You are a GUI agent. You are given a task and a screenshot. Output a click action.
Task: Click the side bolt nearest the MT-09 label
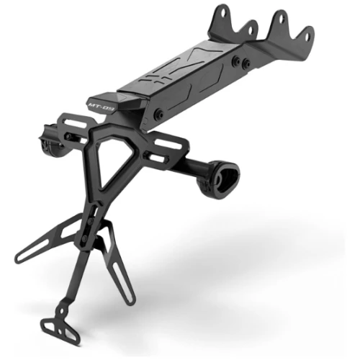click(x=158, y=114)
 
